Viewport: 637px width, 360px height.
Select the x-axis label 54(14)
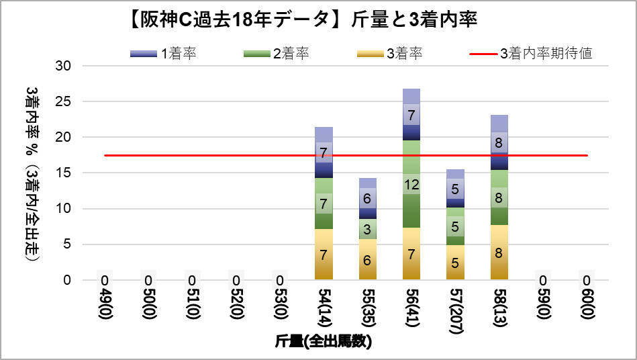pos(324,310)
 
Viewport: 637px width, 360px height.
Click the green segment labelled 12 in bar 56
pos(411,185)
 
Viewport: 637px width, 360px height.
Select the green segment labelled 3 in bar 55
pos(368,229)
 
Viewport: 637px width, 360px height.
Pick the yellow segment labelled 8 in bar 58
pos(499,253)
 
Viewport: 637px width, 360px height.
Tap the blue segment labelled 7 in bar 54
pos(324,152)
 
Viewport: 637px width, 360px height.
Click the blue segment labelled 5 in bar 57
pos(455,189)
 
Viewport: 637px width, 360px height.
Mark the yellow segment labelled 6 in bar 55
pos(368,259)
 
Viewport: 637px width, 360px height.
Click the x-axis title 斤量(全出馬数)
pos(324,341)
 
